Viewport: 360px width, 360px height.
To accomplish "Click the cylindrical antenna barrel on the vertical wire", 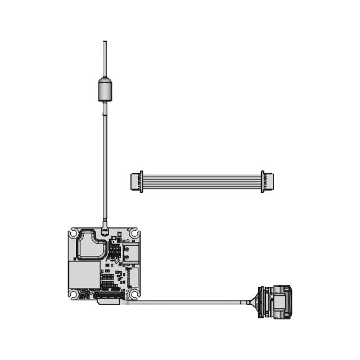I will (105, 89).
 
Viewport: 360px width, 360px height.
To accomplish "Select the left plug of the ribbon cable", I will (137, 181).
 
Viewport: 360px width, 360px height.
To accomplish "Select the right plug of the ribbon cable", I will (267, 181).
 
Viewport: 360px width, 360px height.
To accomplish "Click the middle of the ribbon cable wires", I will (202, 181).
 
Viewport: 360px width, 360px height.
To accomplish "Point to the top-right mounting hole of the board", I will (134, 233).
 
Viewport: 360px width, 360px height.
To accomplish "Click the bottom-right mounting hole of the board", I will (134, 293).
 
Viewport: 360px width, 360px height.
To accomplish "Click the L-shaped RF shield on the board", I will (89, 244).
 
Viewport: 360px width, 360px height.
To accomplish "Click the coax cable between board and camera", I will (186, 302).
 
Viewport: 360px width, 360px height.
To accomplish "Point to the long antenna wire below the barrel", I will (105, 163).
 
